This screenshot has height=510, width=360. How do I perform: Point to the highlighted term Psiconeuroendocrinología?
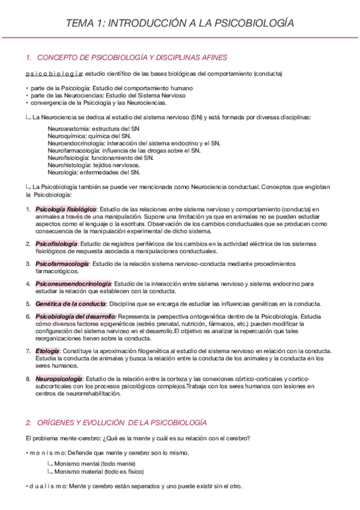point(73,283)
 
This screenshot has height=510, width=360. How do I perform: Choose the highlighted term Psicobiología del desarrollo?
point(76,316)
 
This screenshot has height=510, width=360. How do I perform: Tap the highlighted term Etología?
point(47,351)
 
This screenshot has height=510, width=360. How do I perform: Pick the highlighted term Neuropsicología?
point(59,379)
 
